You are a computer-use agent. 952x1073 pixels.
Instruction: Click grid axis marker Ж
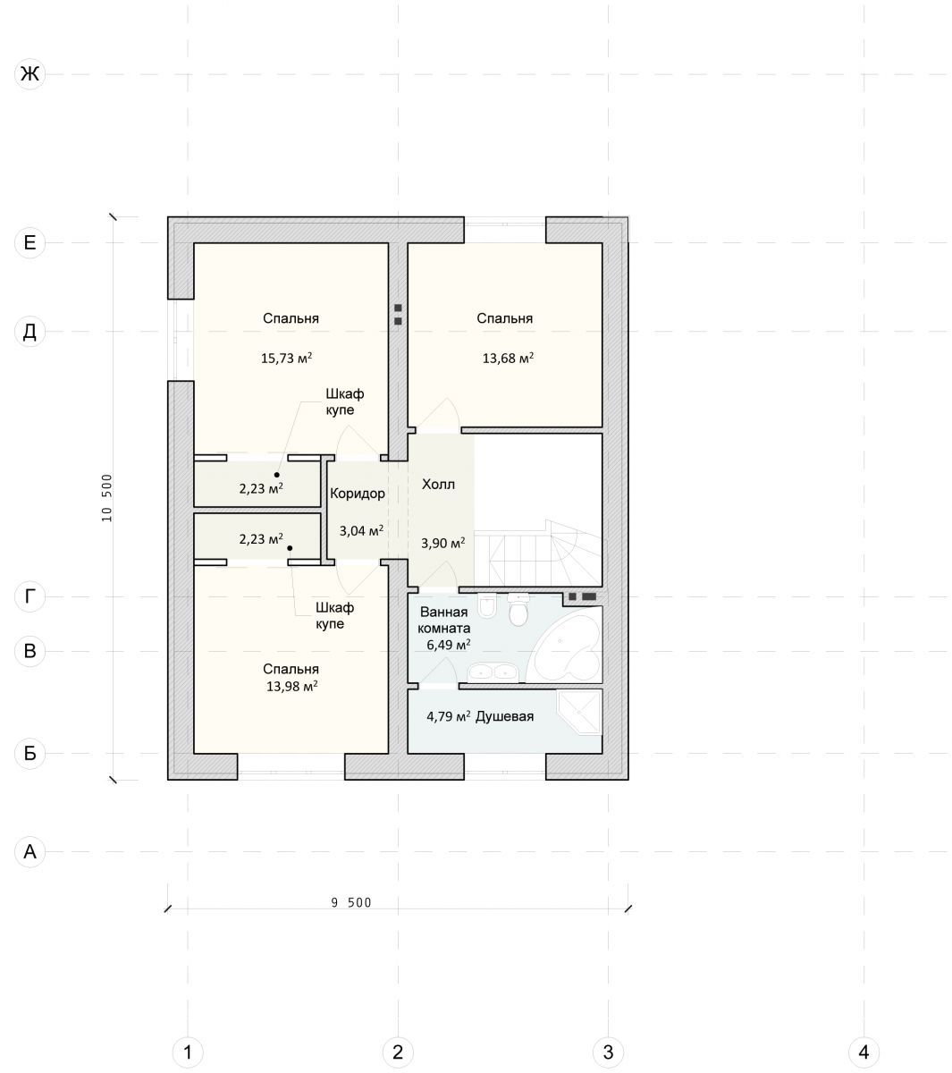click(29, 73)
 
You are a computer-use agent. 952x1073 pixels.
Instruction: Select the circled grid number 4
click(864, 1052)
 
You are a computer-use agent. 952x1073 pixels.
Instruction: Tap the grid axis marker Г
click(29, 596)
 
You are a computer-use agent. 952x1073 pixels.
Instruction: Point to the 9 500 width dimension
click(351, 902)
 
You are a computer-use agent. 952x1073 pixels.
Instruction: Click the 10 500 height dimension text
click(107, 498)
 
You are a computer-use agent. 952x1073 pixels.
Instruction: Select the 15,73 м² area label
click(286, 358)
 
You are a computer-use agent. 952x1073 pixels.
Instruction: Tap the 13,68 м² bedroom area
click(508, 358)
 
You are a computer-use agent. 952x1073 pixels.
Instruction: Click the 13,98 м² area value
click(291, 687)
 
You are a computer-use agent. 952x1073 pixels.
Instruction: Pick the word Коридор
click(358, 494)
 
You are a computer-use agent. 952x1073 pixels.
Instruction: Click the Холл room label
click(438, 484)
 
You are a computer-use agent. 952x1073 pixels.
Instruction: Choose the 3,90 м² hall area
click(443, 543)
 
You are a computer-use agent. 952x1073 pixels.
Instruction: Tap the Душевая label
click(504, 716)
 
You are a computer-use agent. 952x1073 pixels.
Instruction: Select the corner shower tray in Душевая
click(580, 713)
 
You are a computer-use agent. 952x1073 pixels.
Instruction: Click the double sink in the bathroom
click(493, 672)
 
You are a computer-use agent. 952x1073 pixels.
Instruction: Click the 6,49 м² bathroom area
click(449, 645)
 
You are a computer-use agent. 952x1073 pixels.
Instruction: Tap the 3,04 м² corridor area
click(361, 530)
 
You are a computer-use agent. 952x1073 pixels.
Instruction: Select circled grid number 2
click(398, 1052)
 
